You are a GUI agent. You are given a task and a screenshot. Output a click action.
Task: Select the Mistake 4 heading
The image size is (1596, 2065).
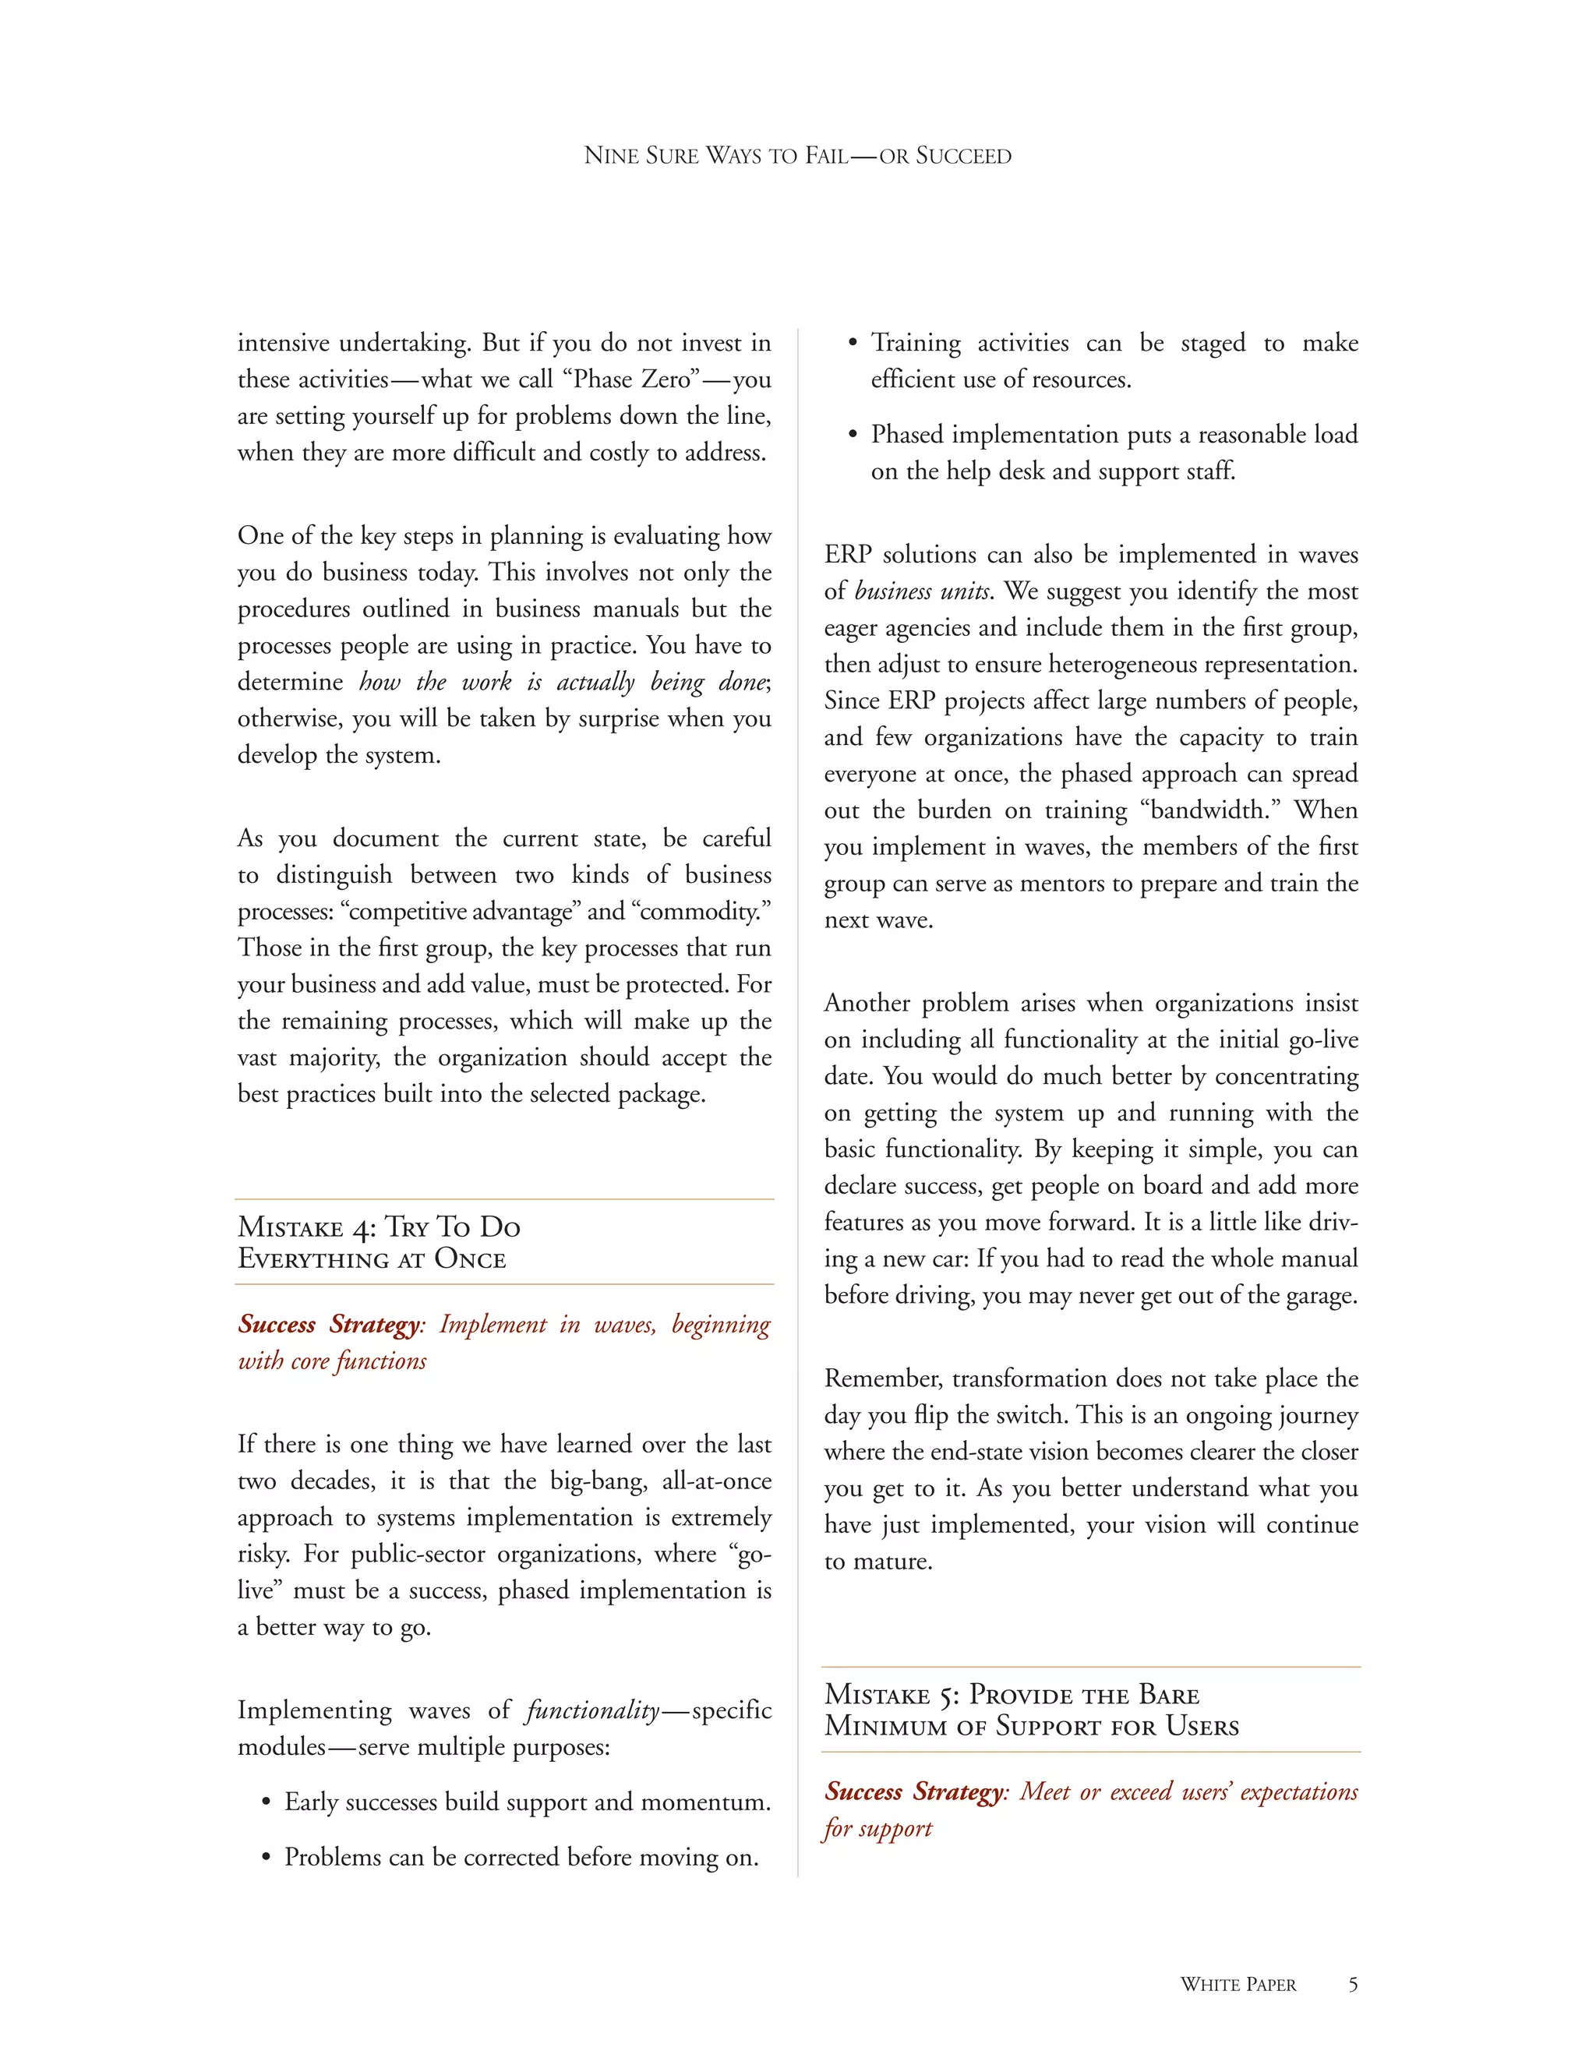click(378, 1241)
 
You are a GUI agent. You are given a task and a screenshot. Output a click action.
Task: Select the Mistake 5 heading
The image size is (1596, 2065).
click(1030, 1710)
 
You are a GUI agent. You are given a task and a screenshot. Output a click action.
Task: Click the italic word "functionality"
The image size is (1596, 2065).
click(593, 1710)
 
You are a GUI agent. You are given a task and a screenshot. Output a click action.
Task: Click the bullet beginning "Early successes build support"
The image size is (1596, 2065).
click(527, 1802)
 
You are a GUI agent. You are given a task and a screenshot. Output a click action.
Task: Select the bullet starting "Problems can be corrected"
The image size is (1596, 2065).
click(521, 1857)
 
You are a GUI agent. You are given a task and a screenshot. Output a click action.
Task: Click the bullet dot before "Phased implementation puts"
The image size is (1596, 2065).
click(853, 436)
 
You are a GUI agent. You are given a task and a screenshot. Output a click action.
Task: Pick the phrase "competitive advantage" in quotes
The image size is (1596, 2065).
click(461, 912)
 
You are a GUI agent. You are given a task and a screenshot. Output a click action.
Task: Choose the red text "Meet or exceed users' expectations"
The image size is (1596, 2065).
click(1188, 1791)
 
